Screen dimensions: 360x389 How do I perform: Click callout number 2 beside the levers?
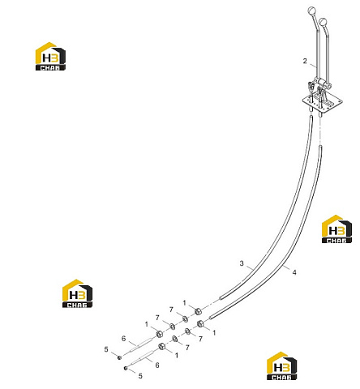point(305,61)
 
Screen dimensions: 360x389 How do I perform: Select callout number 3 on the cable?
point(242,263)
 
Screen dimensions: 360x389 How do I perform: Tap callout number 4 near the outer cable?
point(294,272)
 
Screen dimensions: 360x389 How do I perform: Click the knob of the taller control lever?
point(311,11)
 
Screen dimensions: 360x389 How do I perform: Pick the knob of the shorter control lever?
point(323,21)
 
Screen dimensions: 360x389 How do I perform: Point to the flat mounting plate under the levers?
point(322,103)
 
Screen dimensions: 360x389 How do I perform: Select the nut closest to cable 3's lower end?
point(198,311)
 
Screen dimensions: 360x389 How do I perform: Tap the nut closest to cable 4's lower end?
point(200,323)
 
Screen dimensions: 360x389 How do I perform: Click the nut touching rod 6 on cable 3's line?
point(160,334)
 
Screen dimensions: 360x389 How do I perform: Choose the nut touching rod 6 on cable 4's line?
point(162,346)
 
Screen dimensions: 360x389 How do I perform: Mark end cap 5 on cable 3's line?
point(119,357)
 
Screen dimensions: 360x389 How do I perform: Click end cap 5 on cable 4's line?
point(126,368)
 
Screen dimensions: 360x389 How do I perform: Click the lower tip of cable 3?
point(221,298)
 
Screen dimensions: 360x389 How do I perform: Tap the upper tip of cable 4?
point(320,147)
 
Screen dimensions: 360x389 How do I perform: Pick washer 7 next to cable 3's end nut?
point(185,319)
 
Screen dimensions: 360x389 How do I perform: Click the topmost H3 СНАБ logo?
point(50,57)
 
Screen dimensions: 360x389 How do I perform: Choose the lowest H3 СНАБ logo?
point(281,366)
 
